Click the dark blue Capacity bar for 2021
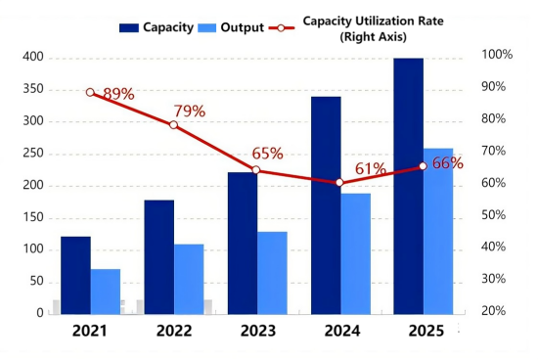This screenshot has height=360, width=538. pyautogui.click(x=75, y=275)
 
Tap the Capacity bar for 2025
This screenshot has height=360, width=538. pyautogui.click(x=409, y=186)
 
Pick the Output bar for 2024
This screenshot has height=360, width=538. pyautogui.click(x=355, y=253)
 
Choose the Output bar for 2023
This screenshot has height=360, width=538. pyautogui.click(x=272, y=273)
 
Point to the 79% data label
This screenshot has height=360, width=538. pyautogui.click(x=189, y=112)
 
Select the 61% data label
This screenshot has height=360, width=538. pyautogui.click(x=370, y=169)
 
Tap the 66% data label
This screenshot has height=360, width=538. pyautogui.click(x=446, y=163)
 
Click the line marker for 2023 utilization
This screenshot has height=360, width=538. pyautogui.click(x=257, y=170)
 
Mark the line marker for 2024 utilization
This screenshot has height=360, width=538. pyautogui.click(x=339, y=183)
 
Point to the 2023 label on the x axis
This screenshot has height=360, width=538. pyautogui.click(x=256, y=332)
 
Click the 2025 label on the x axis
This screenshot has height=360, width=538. pyautogui.click(x=423, y=332)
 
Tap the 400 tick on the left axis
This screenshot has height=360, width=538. pyautogui.click(x=33, y=57)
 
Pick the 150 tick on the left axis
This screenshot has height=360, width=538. pyautogui.click(x=33, y=217)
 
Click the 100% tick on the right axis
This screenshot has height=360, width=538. pyautogui.click(x=497, y=55)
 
